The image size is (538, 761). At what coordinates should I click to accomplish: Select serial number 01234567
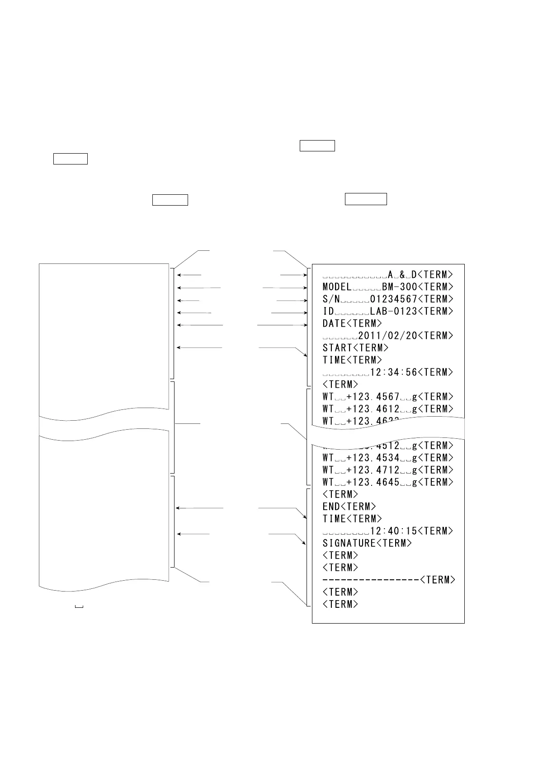(393, 299)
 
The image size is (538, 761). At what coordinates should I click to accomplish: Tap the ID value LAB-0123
(393, 311)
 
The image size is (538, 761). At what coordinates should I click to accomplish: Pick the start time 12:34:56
(393, 372)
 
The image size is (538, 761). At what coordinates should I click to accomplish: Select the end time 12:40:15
(393, 531)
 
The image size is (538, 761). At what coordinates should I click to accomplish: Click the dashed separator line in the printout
(371, 580)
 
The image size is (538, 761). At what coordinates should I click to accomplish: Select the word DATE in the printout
(334, 324)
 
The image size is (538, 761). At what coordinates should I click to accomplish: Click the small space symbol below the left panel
(79, 606)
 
